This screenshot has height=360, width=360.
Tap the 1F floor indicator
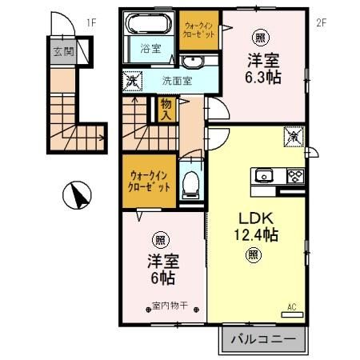point(90,22)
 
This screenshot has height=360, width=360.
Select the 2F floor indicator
point(321,22)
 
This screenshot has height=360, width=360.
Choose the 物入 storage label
point(166,108)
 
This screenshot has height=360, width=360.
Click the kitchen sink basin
point(265,175)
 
